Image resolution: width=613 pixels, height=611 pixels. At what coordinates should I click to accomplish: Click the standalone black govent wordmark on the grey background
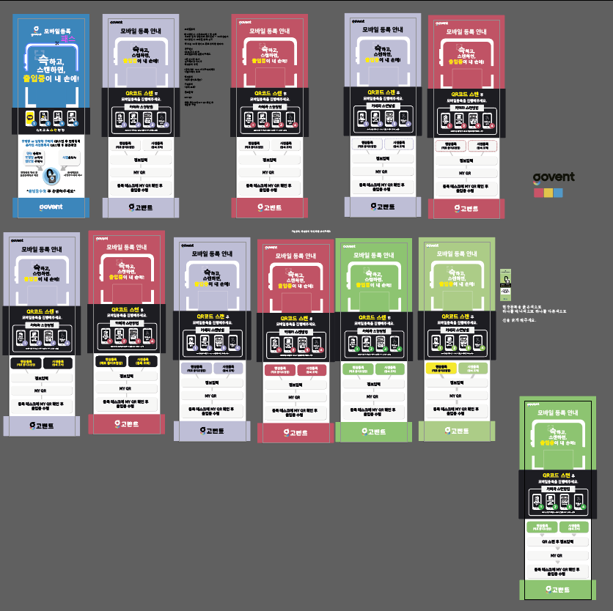[553, 177]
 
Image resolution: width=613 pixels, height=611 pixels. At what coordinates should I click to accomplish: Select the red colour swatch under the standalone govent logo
[538, 193]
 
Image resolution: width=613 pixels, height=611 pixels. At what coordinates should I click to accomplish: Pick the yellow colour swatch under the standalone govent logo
[548, 193]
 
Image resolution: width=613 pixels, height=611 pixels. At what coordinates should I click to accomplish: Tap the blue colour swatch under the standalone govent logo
[559, 193]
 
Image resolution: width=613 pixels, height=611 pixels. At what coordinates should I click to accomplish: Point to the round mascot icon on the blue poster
[51, 176]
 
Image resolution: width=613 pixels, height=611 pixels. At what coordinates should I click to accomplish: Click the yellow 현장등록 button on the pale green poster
[441, 369]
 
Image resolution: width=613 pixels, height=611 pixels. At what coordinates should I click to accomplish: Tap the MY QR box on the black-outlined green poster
[559, 556]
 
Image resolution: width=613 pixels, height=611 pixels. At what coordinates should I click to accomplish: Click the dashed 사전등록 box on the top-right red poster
[483, 147]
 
